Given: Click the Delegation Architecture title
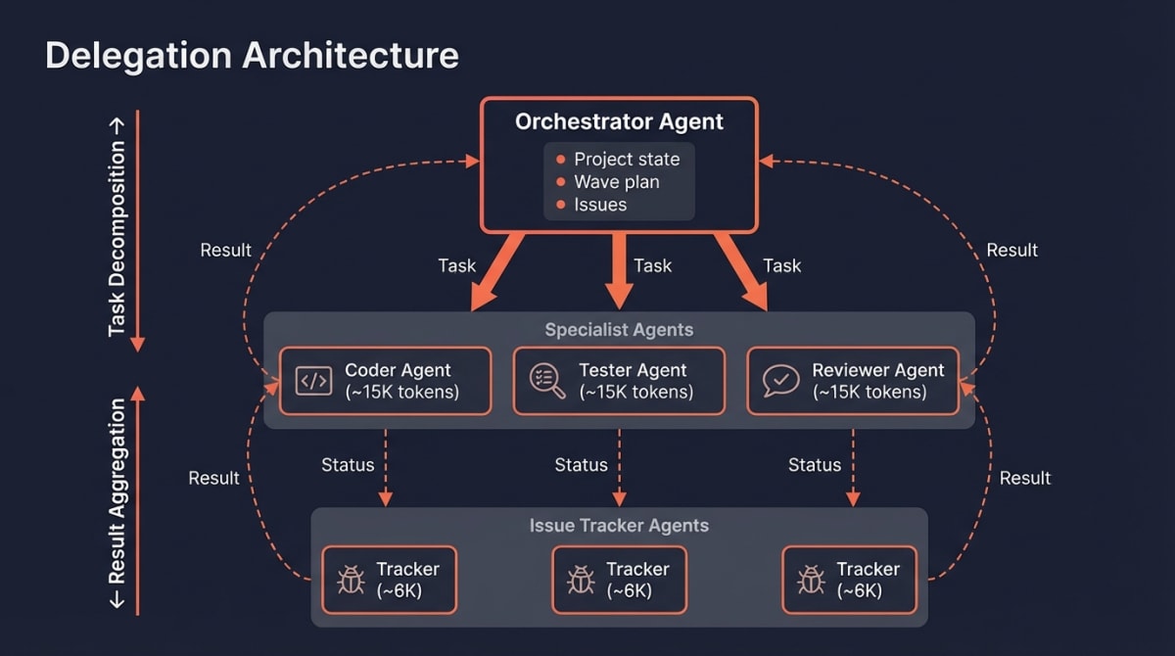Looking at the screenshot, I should point(252,55).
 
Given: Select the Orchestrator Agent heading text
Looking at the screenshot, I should point(619,122).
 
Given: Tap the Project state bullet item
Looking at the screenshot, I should point(626,159).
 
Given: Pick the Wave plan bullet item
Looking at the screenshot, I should point(616,182).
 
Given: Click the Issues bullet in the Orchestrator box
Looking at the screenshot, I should point(599,205).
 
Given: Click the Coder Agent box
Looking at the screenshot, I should point(385,381).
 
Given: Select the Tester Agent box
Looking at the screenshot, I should point(619,381).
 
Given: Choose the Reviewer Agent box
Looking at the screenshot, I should point(853,381).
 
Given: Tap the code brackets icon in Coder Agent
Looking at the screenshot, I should point(313,381).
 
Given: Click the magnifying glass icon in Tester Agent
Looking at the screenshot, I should point(547,381).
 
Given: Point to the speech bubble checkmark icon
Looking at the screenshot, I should point(780,381).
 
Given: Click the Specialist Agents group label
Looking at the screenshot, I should point(619,330).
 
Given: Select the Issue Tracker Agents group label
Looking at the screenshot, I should point(619,526).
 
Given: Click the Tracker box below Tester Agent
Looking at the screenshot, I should point(619,580).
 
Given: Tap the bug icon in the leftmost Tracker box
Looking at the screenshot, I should point(351,580).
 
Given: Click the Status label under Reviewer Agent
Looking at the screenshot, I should point(815,465).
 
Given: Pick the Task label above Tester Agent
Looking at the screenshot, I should point(652,265).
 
